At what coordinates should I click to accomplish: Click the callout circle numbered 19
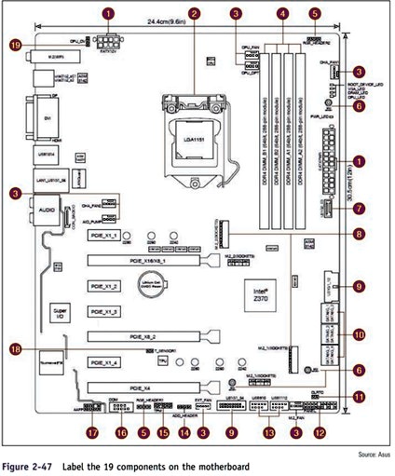click(16, 44)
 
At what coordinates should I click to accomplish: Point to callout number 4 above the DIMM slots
click(282, 13)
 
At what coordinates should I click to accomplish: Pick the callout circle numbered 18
click(16, 348)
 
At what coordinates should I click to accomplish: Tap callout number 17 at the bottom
click(91, 433)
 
